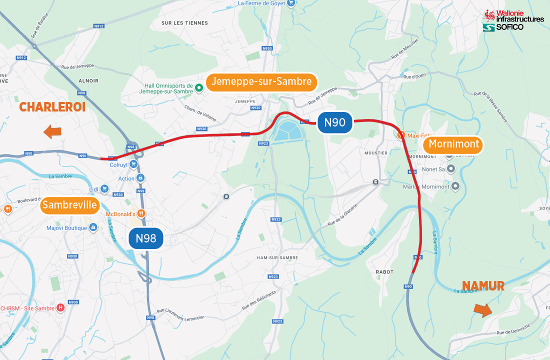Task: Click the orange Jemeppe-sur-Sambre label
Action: coord(261,82)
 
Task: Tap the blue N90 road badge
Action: coord(335,122)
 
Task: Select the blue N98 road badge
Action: coord(146,238)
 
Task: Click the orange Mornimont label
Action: coord(454,145)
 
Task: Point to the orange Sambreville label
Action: coord(69,205)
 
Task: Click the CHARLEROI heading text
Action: coord(52,107)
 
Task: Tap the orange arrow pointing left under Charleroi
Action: coord(52,132)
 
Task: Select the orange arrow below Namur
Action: coord(482,310)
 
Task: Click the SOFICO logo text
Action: coord(509,27)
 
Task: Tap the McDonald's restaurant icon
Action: coord(141,214)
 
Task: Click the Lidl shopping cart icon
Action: coord(104,188)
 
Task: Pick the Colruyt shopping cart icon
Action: coord(133,164)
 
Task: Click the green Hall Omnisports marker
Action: coord(198,88)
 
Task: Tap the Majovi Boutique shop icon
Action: coord(93,228)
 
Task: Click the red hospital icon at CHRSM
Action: coord(60,308)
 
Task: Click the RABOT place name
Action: coord(384,272)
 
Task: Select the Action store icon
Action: coord(140,178)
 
